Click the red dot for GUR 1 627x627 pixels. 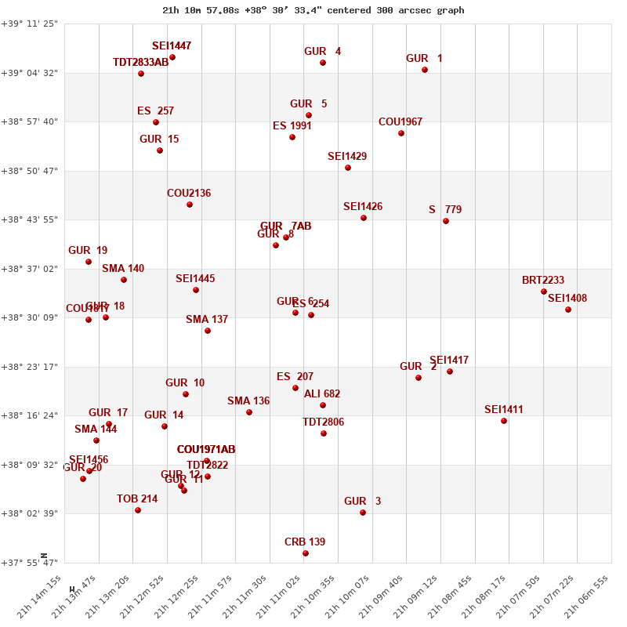[425, 70]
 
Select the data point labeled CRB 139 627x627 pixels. [306, 553]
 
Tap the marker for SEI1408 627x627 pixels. [568, 310]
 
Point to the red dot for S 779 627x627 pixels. [446, 221]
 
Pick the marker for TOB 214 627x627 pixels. [138, 510]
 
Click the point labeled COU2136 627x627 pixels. [190, 205]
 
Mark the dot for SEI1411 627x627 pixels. [504, 421]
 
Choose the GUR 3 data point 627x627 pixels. [363, 513]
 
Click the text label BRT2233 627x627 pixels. [543, 281]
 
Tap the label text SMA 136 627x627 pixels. [248, 401]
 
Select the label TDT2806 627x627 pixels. [323, 422]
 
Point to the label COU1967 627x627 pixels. [400, 122]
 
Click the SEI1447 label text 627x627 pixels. [172, 46]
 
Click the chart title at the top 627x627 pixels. [313, 10]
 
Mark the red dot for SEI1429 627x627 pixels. [348, 168]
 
